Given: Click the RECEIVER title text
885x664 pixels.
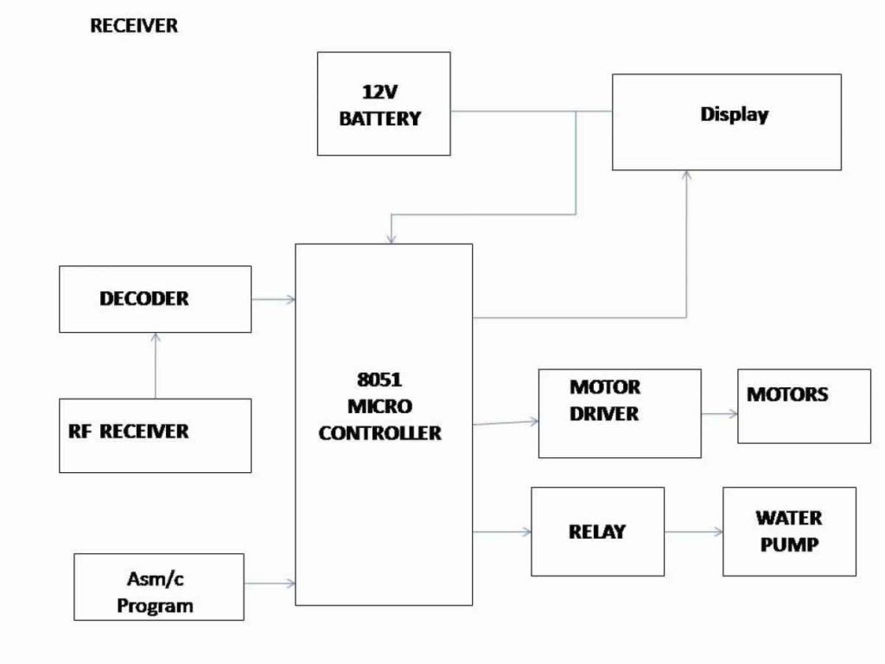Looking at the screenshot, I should point(134,26).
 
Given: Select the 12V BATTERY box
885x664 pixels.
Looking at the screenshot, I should point(384,104).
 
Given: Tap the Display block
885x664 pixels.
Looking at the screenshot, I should point(726,122).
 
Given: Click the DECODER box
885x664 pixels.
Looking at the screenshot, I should point(155,299).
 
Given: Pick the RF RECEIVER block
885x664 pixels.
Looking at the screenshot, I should point(155,435).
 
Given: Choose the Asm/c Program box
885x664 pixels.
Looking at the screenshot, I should point(158,587).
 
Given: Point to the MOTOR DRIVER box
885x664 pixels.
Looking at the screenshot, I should point(619,413).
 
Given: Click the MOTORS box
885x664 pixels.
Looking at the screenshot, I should point(804,406).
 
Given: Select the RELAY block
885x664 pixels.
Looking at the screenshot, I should point(597,532).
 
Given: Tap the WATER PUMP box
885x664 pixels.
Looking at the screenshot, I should point(789,532).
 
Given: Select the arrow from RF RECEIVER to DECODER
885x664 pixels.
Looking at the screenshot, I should point(156,366).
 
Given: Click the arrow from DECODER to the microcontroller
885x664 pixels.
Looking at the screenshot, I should point(273,299).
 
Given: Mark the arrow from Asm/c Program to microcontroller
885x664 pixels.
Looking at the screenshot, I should point(270,584).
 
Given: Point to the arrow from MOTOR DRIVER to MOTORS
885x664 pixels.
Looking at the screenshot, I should point(719,413).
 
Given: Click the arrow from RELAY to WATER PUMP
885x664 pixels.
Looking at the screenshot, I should point(693,532).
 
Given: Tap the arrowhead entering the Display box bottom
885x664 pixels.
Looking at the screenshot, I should point(687,176).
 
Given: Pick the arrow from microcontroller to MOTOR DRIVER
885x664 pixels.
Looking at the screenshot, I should point(506,423).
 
